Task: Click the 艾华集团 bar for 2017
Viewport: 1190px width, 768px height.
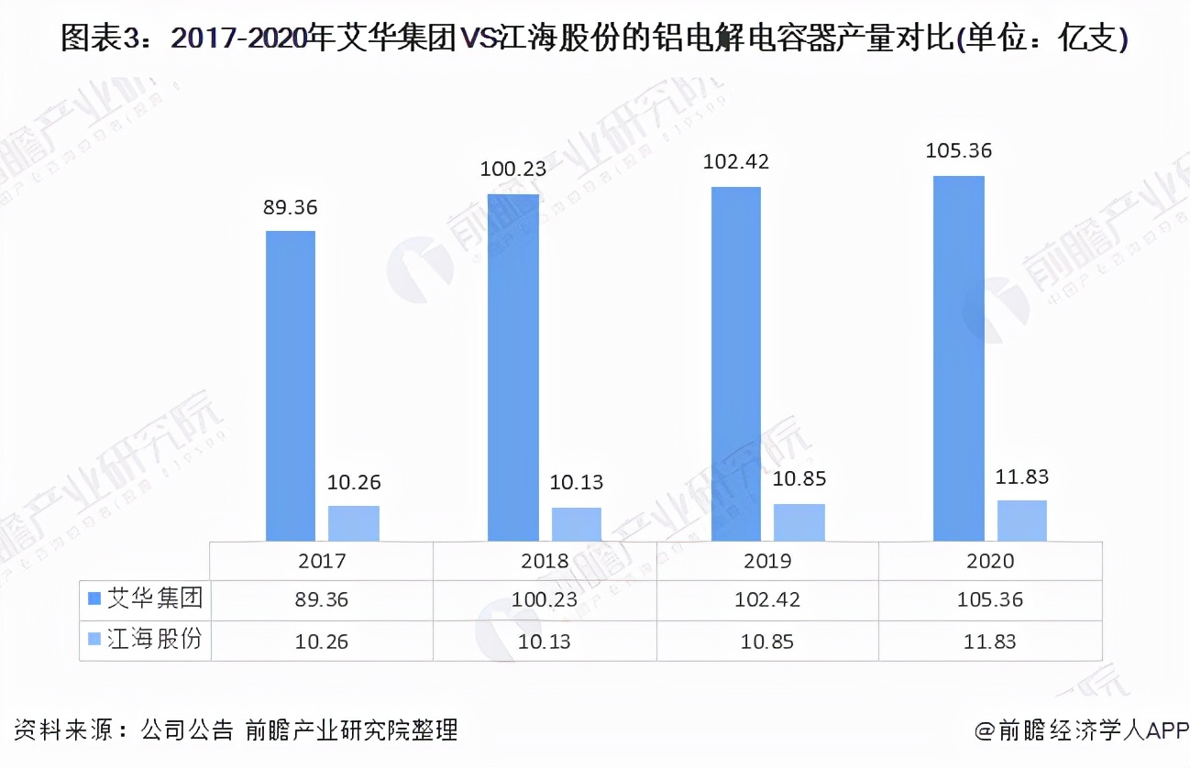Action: [x=291, y=385]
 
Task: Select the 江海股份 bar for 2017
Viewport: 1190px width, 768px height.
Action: [x=353, y=523]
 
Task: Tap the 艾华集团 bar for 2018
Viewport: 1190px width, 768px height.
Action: [x=513, y=367]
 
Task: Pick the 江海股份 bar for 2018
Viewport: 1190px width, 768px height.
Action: [x=576, y=524]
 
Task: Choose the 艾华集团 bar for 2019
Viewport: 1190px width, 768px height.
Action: [x=735, y=364]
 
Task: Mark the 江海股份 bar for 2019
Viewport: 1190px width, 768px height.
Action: [x=799, y=522]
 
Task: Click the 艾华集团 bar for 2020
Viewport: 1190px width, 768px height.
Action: [x=958, y=358]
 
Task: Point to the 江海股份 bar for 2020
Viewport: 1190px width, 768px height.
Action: [x=1021, y=521]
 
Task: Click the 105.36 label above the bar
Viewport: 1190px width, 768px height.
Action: [x=958, y=151]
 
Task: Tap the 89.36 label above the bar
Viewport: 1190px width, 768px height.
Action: [x=291, y=207]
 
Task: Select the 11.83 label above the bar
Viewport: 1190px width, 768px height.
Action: [x=1021, y=477]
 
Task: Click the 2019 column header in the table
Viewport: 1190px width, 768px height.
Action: [x=767, y=560]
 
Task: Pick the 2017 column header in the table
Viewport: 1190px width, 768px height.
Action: [x=322, y=560]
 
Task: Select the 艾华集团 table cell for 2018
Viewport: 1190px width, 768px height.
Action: [x=545, y=600]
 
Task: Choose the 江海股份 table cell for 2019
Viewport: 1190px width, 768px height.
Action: [x=767, y=641]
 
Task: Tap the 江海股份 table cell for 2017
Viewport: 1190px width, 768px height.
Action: [x=322, y=641]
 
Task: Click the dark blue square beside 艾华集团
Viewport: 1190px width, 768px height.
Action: [x=94, y=599]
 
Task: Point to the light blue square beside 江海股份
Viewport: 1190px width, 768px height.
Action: [x=94, y=640]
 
